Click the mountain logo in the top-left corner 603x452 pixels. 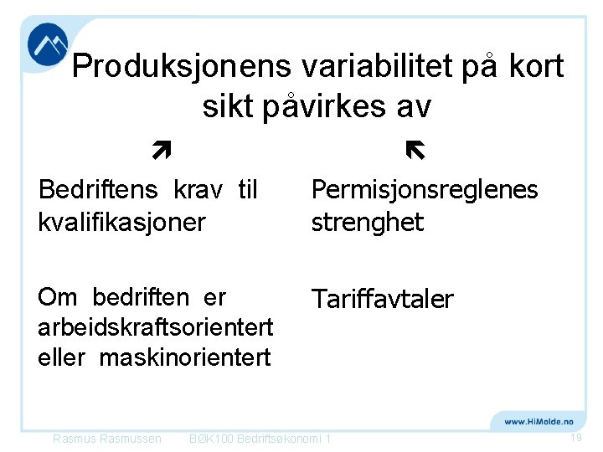pos(48,44)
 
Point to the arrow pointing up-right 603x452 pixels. pos(162,151)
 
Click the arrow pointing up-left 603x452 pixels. pos(415,151)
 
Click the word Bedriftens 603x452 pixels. pos(98,190)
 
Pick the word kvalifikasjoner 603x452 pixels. pos(121,222)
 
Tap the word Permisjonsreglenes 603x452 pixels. pos(425,191)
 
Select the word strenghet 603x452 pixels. pos(368,222)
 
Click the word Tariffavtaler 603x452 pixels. pos(382,299)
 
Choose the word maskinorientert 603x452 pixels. pos(185,357)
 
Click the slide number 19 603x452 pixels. pos(575,439)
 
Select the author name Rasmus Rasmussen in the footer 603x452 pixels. pos(106,439)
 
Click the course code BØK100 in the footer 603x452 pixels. pos(211,439)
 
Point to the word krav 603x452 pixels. pos(202,190)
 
